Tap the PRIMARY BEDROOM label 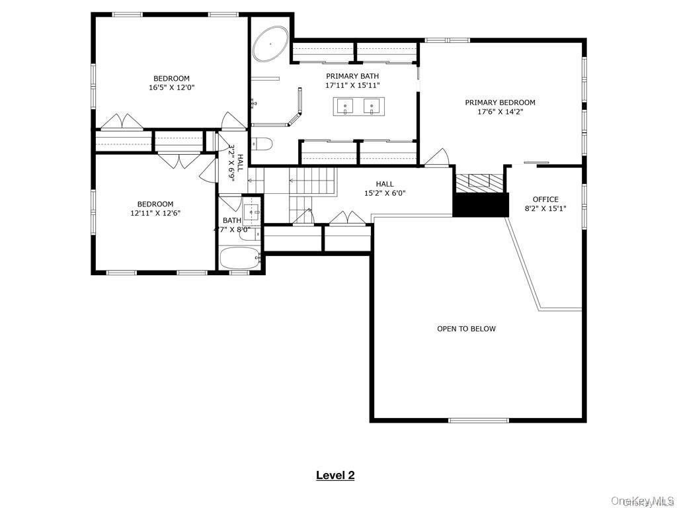click(x=500, y=103)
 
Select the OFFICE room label click(x=545, y=199)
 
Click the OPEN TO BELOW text click(x=466, y=329)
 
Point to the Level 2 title click(x=335, y=475)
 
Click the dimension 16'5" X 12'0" click(x=172, y=87)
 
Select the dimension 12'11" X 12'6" click(x=155, y=213)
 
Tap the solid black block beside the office click(x=480, y=204)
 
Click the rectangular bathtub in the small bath click(x=240, y=259)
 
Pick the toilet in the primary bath click(x=262, y=144)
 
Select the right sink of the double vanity click(x=374, y=106)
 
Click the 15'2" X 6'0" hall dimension click(x=385, y=194)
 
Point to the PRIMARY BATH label click(x=352, y=76)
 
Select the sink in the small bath click(x=251, y=212)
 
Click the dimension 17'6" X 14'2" click(x=500, y=112)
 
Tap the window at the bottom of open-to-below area click(x=479, y=420)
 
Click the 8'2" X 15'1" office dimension click(x=545, y=208)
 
